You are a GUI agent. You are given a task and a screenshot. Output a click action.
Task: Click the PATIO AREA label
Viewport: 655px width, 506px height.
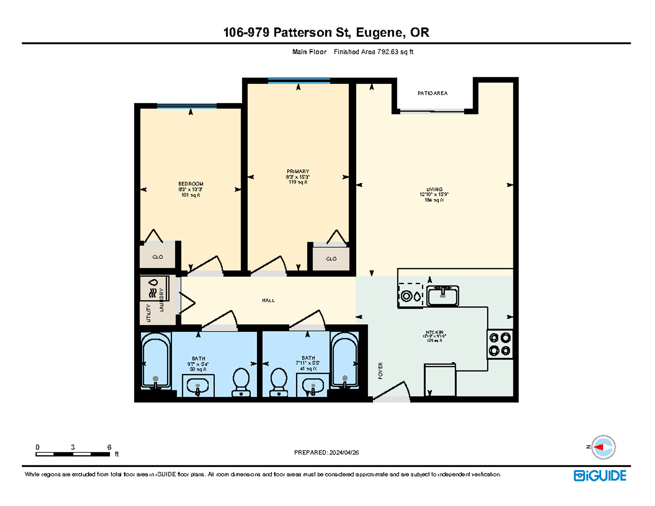[x=432, y=93]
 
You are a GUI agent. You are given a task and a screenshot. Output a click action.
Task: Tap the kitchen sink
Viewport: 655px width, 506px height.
[x=443, y=296]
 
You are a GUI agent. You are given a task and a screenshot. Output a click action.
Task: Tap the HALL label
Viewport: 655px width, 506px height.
[x=268, y=300]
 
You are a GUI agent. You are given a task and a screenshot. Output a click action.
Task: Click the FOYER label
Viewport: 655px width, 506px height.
[x=380, y=371]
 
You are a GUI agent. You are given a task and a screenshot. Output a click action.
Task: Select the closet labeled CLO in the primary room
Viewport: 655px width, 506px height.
[x=331, y=259]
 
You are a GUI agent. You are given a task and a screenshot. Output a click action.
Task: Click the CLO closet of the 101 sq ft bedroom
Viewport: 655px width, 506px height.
[x=157, y=257]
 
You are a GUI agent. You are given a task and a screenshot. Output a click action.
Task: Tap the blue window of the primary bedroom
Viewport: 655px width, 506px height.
[x=299, y=81]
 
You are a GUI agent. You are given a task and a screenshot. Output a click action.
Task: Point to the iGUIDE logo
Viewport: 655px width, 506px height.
[x=600, y=476]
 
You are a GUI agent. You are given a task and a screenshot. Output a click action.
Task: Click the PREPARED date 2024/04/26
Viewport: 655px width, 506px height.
[x=344, y=452]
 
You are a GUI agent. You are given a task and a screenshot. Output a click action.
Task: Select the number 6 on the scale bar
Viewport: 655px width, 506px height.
[x=109, y=447]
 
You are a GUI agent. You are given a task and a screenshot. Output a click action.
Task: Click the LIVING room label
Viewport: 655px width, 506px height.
[x=434, y=189]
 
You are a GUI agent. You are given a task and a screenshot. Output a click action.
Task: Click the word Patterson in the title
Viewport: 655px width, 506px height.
[x=302, y=32]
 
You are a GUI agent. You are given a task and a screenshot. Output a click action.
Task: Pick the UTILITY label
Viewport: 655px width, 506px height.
[x=148, y=313]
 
